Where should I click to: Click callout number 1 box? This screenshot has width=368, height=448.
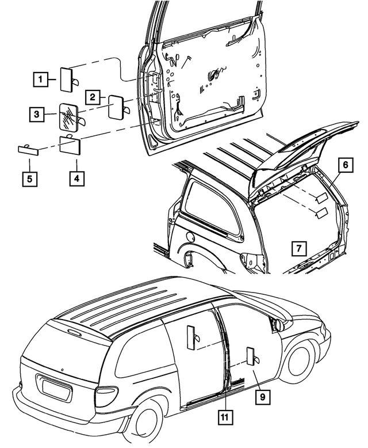(x=40, y=77)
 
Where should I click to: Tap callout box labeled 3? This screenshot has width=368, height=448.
(x=36, y=115)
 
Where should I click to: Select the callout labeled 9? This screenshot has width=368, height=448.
(x=262, y=396)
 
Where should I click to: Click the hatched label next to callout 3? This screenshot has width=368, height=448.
(x=70, y=115)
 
